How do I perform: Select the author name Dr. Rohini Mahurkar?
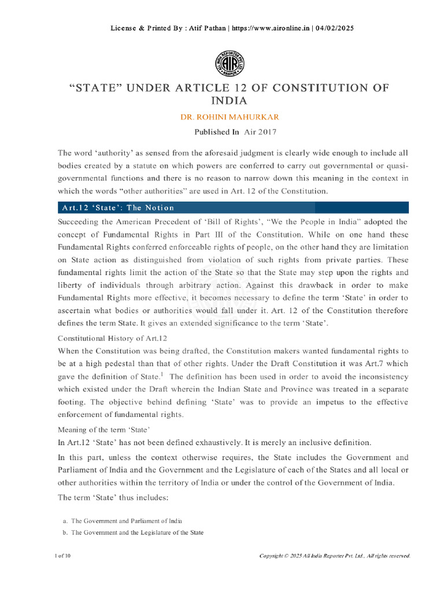221,117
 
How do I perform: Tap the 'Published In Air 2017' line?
235,132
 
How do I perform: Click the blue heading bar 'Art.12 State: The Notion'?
233,208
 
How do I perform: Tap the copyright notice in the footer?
335,556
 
